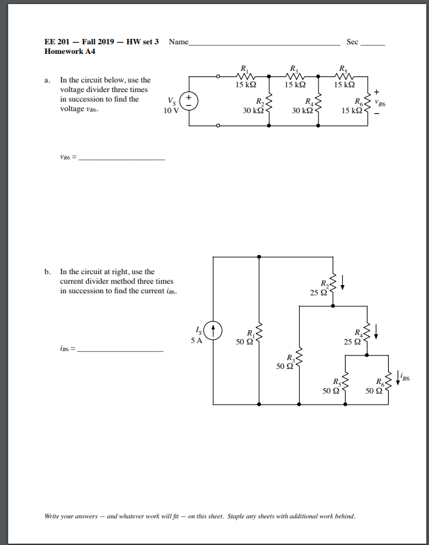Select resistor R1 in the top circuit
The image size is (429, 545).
tap(245, 77)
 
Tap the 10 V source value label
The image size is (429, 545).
tap(171, 111)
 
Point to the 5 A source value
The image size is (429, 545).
tap(197, 340)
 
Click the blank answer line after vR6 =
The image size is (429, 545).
tap(122, 159)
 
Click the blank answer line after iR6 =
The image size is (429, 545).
tap(121, 351)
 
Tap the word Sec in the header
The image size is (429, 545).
tap(352, 42)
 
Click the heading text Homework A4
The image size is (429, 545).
tap(69, 52)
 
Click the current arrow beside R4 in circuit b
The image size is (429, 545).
tap(376, 332)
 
